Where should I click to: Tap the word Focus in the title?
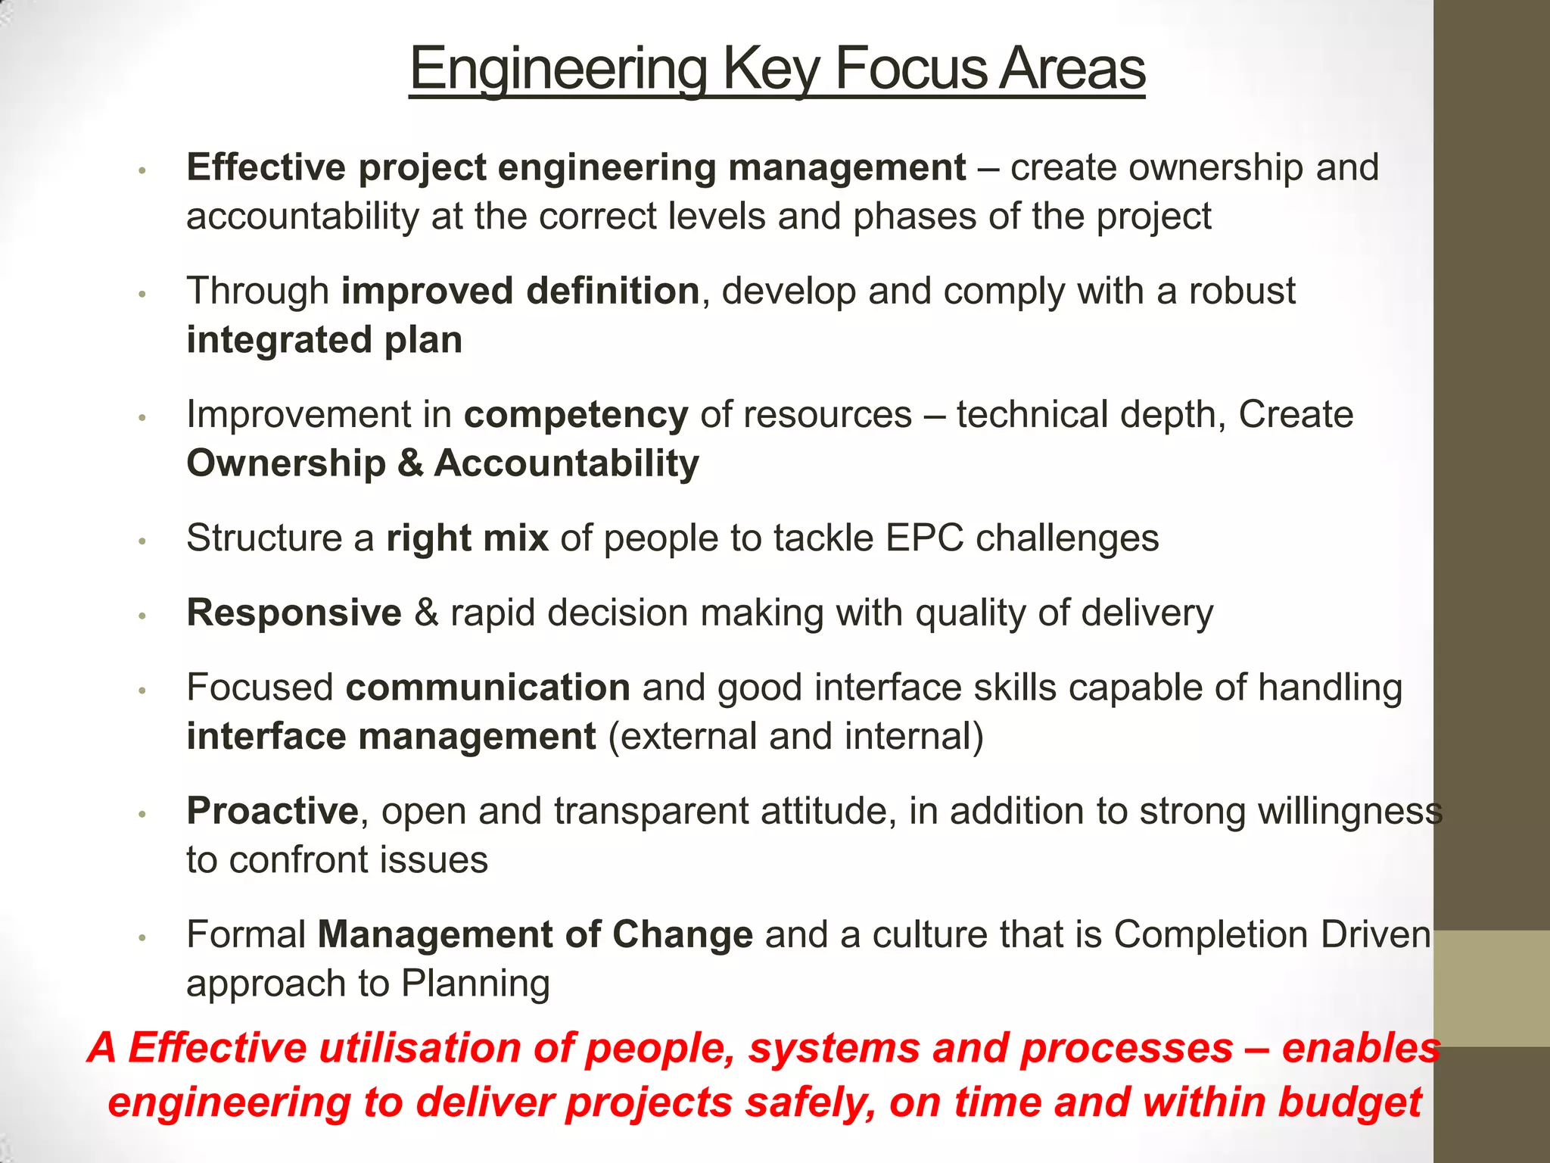(909, 70)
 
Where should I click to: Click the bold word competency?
(576, 416)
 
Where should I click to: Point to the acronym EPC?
(923, 538)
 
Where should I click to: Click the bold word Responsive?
(294, 613)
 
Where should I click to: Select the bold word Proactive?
(272, 811)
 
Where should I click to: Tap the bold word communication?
(487, 688)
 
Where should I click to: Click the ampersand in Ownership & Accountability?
(409, 463)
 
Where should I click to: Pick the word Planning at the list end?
(475, 984)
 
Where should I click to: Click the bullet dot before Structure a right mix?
(142, 541)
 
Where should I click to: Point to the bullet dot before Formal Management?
(142, 938)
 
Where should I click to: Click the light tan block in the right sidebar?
(1492, 988)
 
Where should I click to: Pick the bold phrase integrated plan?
(324, 340)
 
